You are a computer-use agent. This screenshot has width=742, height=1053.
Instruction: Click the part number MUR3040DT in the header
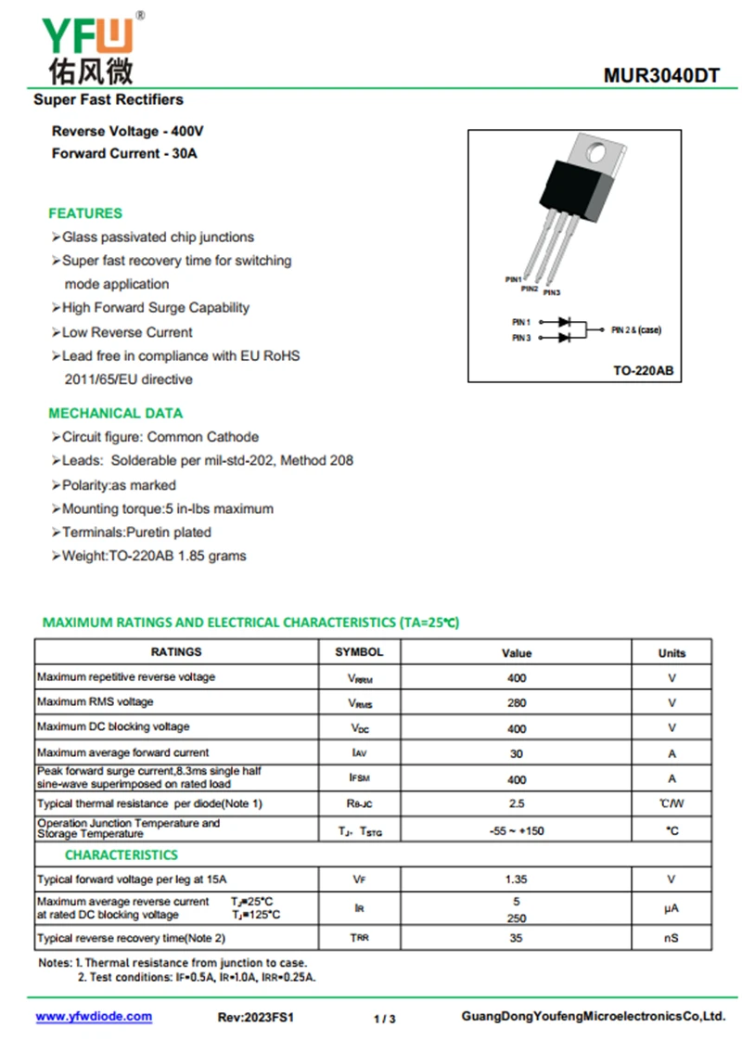660,76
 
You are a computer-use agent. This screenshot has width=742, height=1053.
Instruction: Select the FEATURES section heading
85,213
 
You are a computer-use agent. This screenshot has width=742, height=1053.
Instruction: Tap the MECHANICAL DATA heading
116,413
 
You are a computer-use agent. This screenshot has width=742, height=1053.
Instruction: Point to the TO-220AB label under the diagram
643,370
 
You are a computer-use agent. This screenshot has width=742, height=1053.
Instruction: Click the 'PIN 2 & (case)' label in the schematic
636,330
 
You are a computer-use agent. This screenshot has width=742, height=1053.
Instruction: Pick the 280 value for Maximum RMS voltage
517,702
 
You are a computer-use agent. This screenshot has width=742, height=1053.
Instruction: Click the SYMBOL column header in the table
359,652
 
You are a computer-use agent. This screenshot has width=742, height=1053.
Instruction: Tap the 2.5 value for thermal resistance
517,803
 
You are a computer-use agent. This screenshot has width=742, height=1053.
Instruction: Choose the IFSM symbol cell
359,778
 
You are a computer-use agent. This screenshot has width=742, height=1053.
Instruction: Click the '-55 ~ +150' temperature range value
517,830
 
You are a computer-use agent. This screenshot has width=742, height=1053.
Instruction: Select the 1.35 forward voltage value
517,879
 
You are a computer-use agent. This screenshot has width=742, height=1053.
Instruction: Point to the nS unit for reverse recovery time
672,938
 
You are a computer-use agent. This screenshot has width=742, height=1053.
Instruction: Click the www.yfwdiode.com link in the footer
94,1017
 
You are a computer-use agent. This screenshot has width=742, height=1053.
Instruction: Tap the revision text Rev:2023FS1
256,1018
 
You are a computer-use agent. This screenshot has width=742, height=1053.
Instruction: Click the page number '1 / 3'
385,1019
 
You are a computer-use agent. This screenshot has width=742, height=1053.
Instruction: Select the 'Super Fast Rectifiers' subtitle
109,99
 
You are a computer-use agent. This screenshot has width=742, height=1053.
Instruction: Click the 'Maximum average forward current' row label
123,752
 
